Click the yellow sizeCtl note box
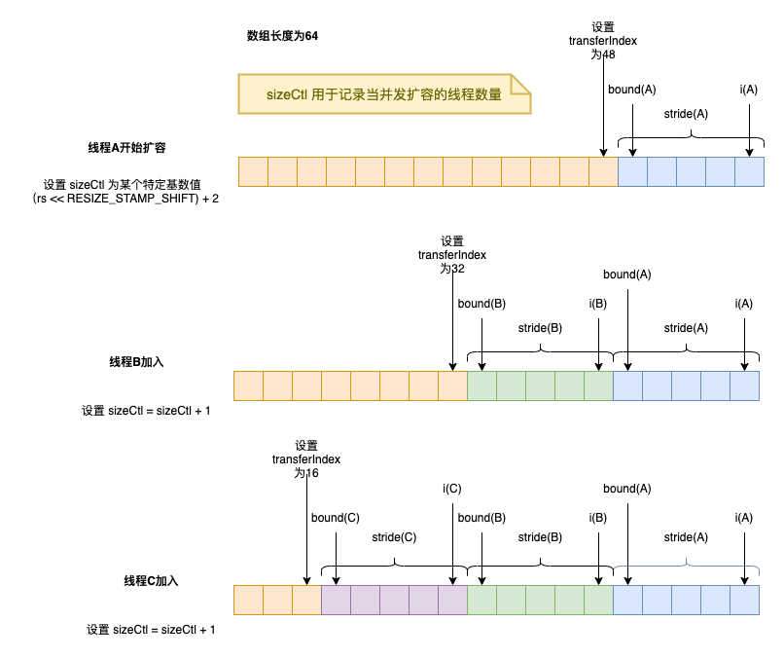pyautogui.click(x=384, y=94)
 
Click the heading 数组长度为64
pyautogui.click(x=282, y=36)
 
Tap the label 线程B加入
pyautogui.click(x=136, y=361)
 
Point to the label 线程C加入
pyautogui.click(x=150, y=580)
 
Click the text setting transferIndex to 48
pyautogui.click(x=603, y=41)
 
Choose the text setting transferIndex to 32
pyautogui.click(x=452, y=254)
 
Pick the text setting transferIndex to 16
pyautogui.click(x=306, y=458)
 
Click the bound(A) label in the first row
pyautogui.click(x=631, y=90)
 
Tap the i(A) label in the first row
pyautogui.click(x=749, y=90)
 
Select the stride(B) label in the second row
pyautogui.click(x=540, y=328)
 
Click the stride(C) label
pyautogui.click(x=394, y=536)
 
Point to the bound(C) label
pyautogui.click(x=335, y=518)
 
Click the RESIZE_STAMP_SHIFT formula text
pyautogui.click(x=124, y=199)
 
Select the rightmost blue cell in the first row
pyautogui.click(x=750, y=172)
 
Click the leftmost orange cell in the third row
pyautogui.click(x=248, y=599)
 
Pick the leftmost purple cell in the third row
pyautogui.click(x=336, y=599)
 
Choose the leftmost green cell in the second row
pyautogui.click(x=481, y=385)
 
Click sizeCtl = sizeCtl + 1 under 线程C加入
pyautogui.click(x=151, y=630)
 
